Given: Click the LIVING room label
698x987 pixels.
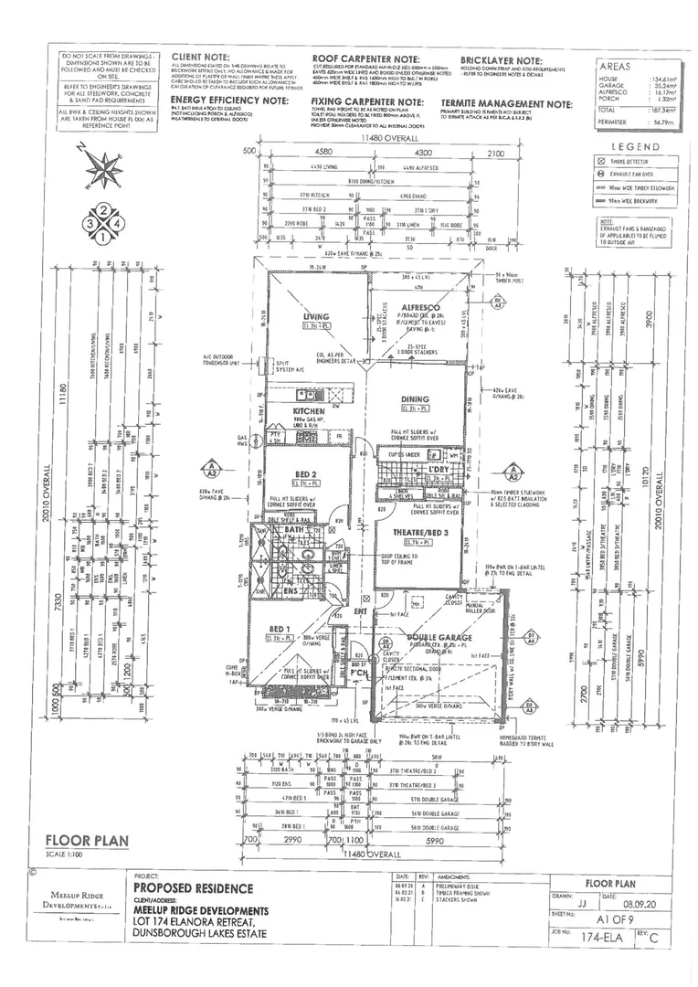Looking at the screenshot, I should tap(317, 316).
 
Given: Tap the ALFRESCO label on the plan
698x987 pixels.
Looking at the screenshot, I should tap(421, 308).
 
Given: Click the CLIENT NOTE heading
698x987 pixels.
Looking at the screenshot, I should tap(200, 58).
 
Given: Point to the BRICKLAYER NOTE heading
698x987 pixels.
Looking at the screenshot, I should tap(501, 58).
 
